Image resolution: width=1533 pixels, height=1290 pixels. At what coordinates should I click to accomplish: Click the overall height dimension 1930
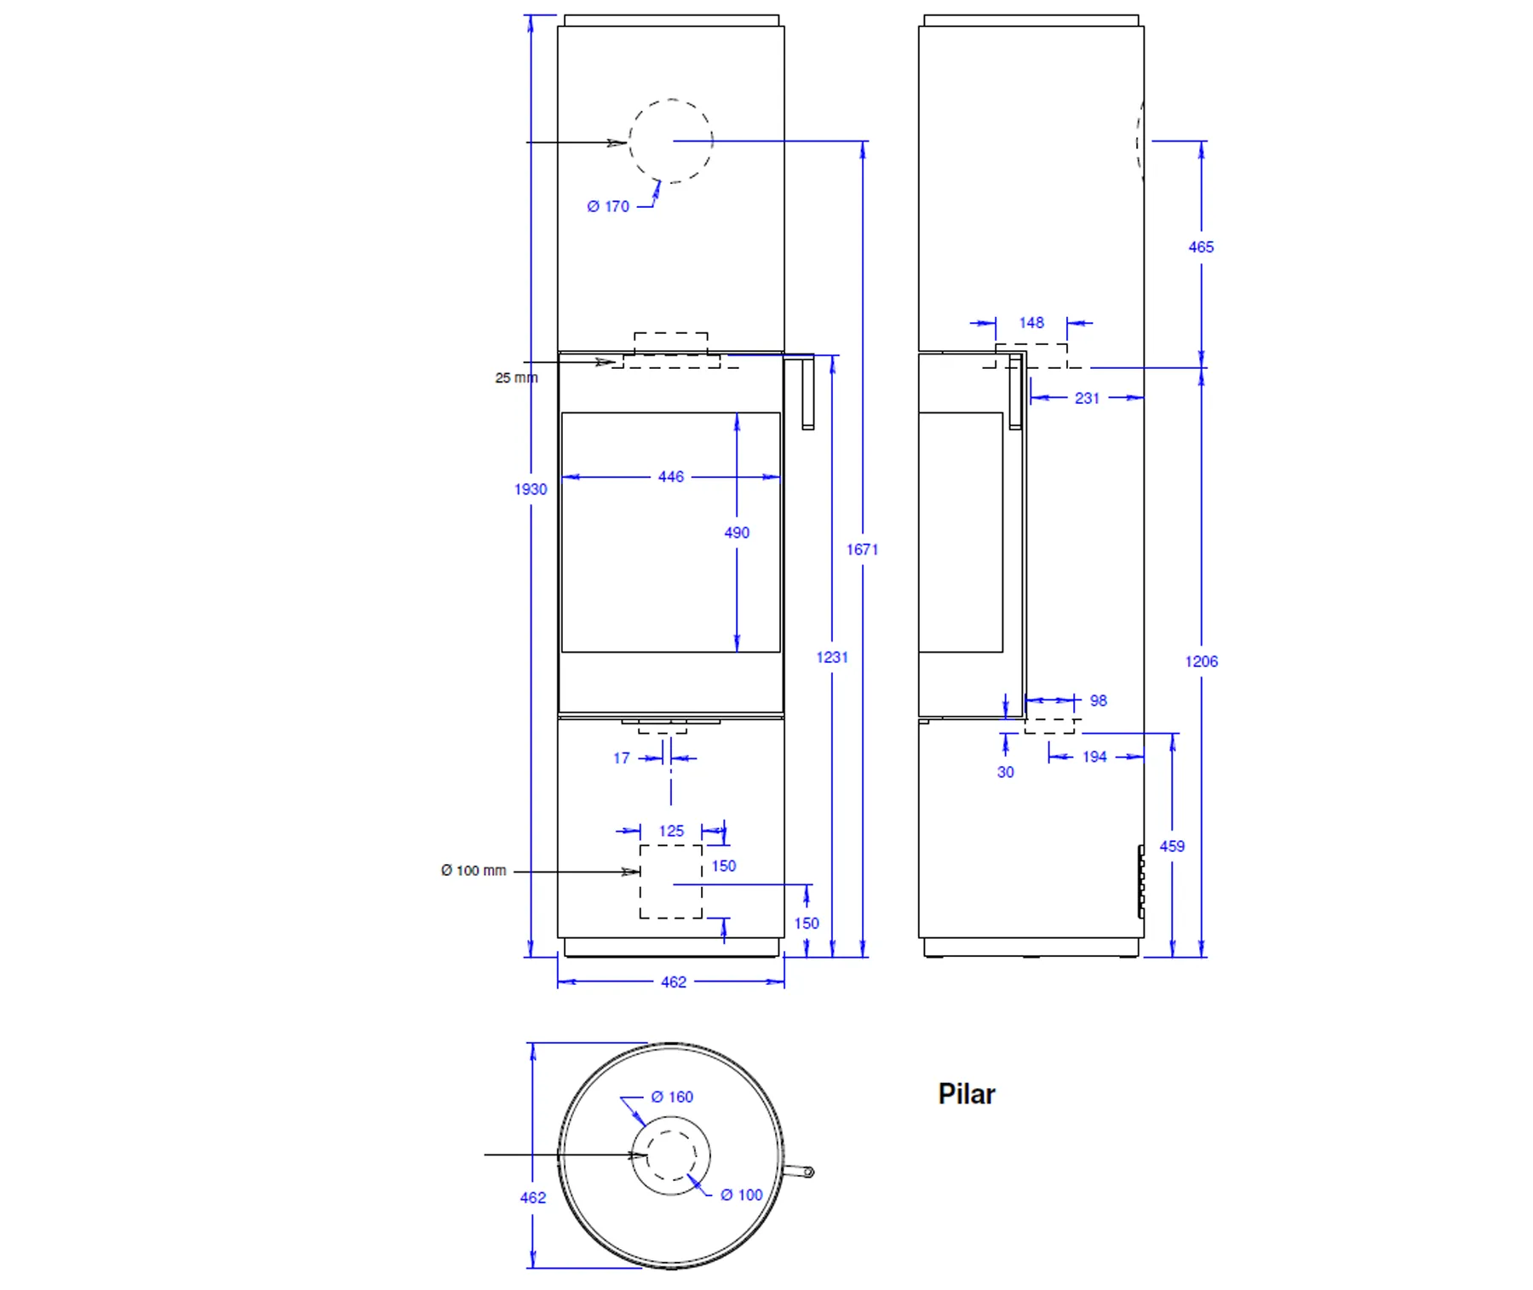pos(531,489)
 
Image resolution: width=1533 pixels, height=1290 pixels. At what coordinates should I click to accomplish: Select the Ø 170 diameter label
pos(608,206)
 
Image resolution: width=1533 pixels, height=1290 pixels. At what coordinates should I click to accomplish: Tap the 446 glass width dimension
pos(671,476)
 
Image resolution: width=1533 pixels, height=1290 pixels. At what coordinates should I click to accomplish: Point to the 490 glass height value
pos(737,533)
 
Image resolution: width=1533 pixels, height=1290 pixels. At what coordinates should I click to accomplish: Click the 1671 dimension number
pos(862,550)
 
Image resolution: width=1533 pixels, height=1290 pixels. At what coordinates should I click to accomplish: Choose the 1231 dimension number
pos(832,657)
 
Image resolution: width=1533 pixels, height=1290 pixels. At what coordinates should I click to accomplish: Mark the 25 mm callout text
pos(516,377)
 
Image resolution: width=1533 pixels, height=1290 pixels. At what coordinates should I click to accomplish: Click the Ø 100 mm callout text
pos(474,871)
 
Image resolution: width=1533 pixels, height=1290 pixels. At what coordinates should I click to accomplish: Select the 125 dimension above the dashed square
pos(671,831)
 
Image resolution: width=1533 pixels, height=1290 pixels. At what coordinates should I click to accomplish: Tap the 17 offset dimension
pos(622,758)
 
